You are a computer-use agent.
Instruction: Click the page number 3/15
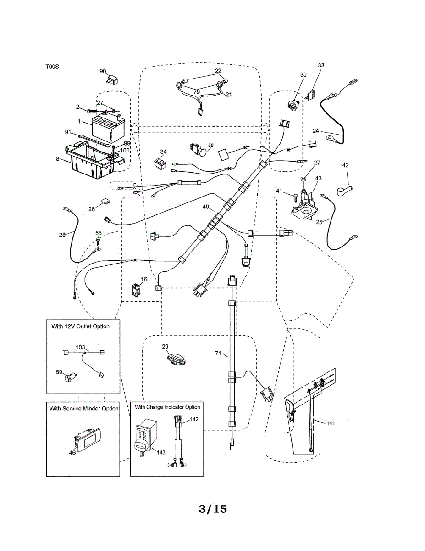point(213,509)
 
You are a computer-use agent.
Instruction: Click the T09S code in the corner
point(52,67)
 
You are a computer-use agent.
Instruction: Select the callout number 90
point(103,71)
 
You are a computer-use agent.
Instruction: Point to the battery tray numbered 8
point(92,161)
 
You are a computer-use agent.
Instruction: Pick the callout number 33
point(320,66)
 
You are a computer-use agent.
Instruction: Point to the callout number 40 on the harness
point(207,207)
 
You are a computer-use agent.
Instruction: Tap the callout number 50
point(211,146)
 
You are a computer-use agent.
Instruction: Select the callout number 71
point(218,354)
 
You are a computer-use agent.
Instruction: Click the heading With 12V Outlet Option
point(80,326)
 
